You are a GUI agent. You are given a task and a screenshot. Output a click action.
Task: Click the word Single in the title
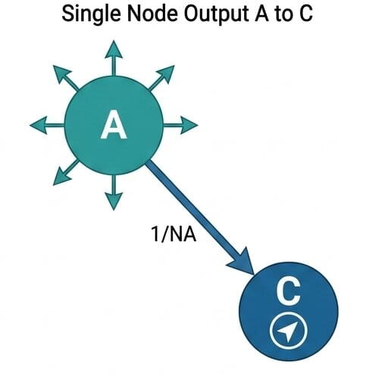pyautogui.click(x=91, y=14)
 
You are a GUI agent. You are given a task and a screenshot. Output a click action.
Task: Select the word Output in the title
pyautogui.click(x=217, y=14)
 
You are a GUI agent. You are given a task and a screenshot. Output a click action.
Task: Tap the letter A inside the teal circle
pyautogui.click(x=114, y=126)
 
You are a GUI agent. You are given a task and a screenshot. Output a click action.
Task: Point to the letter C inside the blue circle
pyautogui.click(x=288, y=293)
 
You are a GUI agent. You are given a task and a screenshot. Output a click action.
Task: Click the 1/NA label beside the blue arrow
pyautogui.click(x=174, y=234)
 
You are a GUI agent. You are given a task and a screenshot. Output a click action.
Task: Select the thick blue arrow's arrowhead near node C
pyautogui.click(x=242, y=262)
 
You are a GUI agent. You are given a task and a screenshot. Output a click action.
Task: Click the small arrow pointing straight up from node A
pyautogui.click(x=114, y=58)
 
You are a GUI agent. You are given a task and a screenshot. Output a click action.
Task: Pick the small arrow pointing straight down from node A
pyautogui.click(x=114, y=192)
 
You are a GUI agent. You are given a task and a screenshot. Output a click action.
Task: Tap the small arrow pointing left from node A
pyautogui.click(x=47, y=125)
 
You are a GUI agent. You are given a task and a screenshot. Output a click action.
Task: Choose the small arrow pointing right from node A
pyautogui.click(x=180, y=125)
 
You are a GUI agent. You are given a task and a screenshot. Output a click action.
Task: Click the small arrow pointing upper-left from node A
pyautogui.click(x=66, y=77)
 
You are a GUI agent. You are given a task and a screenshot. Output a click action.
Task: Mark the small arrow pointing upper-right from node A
pyautogui.click(x=161, y=78)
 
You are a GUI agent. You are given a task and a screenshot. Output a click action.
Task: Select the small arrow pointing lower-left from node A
pyautogui.click(x=66, y=172)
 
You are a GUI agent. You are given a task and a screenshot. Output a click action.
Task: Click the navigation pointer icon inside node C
pyautogui.click(x=289, y=331)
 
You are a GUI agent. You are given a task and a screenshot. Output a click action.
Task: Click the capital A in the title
pyautogui.click(x=262, y=14)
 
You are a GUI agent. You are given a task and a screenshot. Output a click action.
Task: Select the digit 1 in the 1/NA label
pyautogui.click(x=155, y=234)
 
